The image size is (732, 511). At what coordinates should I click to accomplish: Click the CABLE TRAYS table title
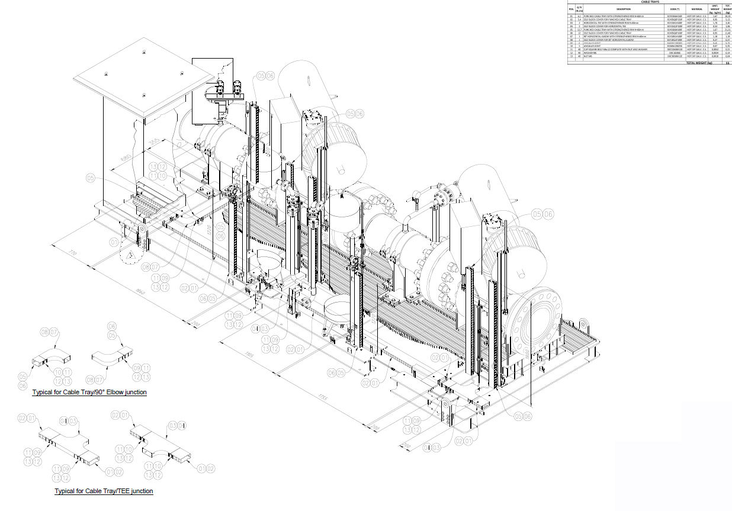pos(650,2)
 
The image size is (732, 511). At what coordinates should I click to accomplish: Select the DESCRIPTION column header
pos(624,9)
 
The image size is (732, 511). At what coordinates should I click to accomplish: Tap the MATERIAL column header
pos(696,9)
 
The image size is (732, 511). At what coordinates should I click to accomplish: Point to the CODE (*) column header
pos(675,9)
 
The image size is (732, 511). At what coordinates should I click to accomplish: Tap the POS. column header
pos(572,9)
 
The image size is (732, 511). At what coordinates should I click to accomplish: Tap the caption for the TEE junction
pos(104,491)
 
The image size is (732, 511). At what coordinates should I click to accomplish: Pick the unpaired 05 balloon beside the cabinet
pos(91,177)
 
